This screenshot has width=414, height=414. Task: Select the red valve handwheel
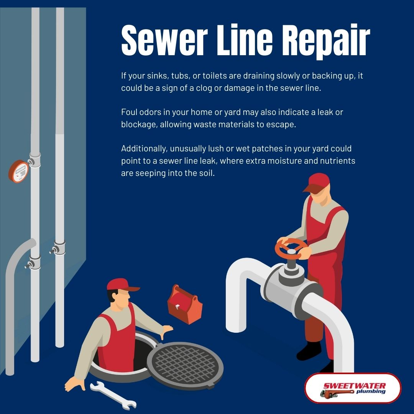[291, 248]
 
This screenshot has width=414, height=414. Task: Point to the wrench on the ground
[113, 395]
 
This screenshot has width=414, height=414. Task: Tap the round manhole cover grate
[185, 365]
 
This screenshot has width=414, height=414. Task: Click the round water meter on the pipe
[18, 171]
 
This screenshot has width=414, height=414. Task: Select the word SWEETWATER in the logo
[354, 386]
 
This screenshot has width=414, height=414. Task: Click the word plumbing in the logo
[371, 391]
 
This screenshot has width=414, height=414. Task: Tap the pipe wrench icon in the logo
[337, 393]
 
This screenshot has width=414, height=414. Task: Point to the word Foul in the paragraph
[129, 112]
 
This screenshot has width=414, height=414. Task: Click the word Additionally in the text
[144, 149]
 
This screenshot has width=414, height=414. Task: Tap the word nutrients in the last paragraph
[338, 161]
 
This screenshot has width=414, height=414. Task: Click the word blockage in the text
[139, 125]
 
